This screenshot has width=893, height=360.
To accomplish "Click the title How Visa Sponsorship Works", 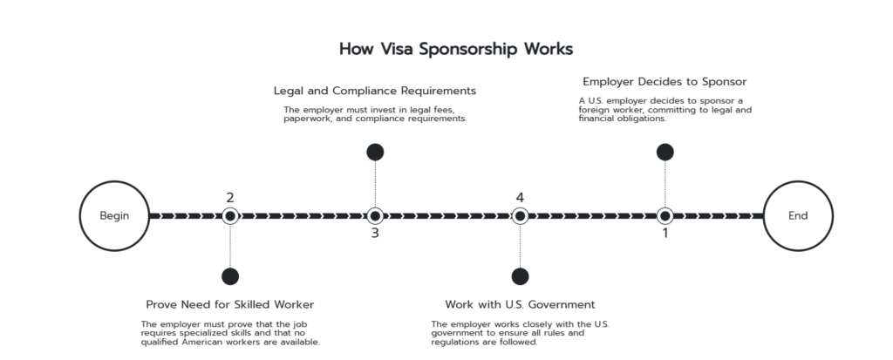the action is [455, 49].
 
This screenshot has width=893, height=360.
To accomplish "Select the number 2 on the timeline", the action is [230, 198].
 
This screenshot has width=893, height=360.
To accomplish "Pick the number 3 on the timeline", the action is [375, 233].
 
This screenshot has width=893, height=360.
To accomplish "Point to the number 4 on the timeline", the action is [520, 198].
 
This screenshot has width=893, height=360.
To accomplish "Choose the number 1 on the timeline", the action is [665, 233].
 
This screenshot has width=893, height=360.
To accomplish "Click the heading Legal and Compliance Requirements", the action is [375, 91].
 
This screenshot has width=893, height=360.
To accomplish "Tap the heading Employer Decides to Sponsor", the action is [665, 81].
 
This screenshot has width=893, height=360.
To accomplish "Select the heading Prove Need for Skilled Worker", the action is [230, 304].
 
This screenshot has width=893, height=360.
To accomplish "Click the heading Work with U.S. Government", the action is [520, 304].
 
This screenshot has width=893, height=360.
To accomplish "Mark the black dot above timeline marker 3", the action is [375, 152].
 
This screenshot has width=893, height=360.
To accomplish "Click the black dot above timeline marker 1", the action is [665, 152].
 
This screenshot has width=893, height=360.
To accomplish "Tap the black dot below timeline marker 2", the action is [230, 276].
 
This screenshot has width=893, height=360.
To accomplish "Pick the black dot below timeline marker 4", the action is [520, 276].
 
